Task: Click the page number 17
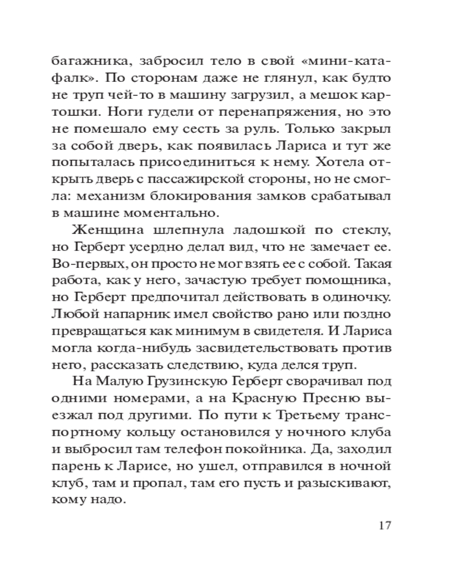pyautogui.click(x=384, y=525)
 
